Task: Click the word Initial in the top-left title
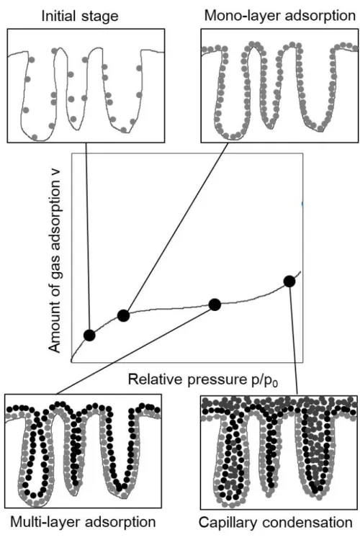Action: [x=57, y=16]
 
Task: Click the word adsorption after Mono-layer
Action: [x=313, y=16]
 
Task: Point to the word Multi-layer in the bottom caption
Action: [x=45, y=522]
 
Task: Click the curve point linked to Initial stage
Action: [x=89, y=335]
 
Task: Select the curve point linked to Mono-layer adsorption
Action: [x=123, y=315]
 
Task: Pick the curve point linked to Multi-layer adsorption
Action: [x=215, y=305]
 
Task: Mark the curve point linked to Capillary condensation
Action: [x=289, y=282]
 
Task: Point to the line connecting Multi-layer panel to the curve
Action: [x=135, y=350]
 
